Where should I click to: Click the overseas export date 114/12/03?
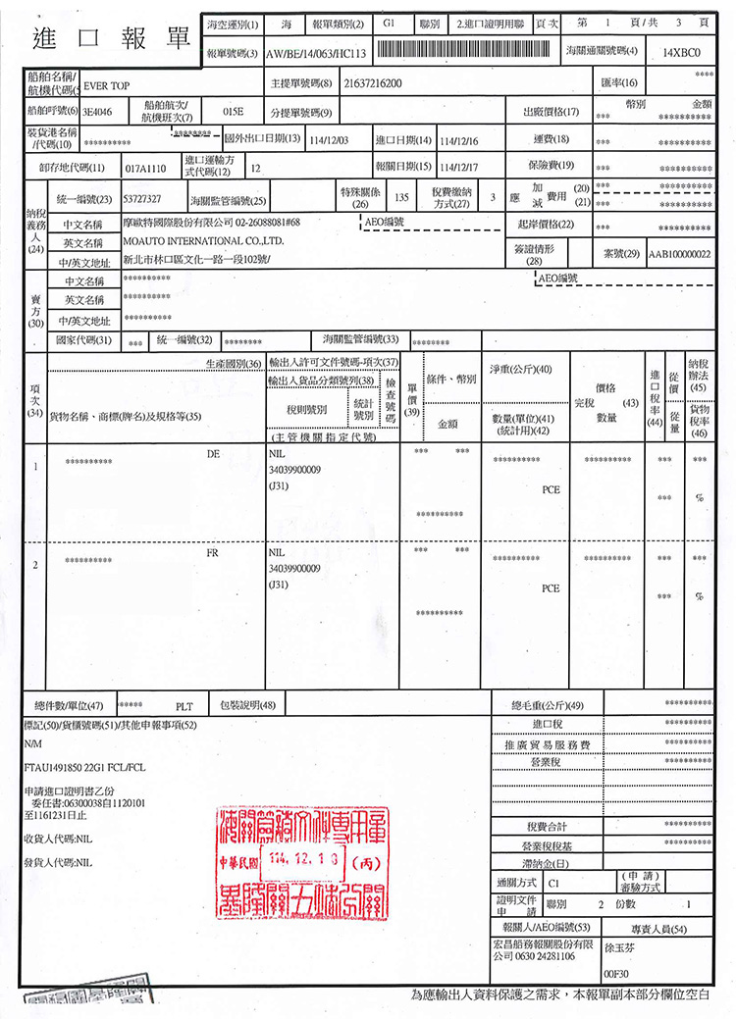click(x=328, y=141)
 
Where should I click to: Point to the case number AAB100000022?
click(x=678, y=254)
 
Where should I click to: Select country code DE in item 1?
click(x=213, y=455)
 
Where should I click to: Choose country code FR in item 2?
click(x=213, y=553)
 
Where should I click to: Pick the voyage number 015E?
click(x=233, y=112)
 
